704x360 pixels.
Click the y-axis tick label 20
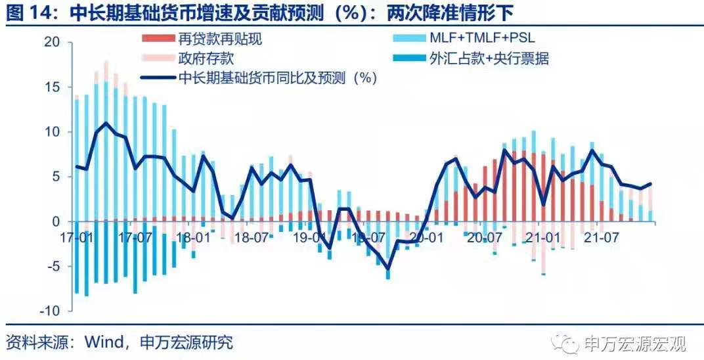coord(52,43)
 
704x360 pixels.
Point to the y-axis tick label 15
coord(52,87)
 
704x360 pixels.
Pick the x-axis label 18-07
coord(252,235)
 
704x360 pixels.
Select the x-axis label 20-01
coord(426,235)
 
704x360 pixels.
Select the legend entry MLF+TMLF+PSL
coord(483,39)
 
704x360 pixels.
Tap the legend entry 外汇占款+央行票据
coord(489,58)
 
